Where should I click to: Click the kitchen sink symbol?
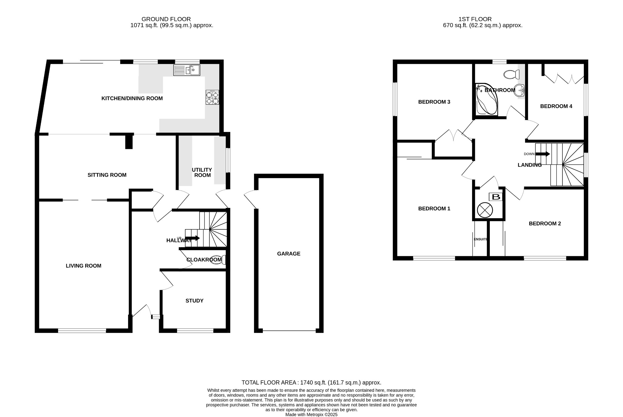tap(186, 70)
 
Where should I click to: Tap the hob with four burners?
tap(212, 98)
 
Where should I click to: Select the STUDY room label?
tap(194, 301)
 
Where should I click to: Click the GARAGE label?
tap(288, 253)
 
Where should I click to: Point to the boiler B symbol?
tap(496, 197)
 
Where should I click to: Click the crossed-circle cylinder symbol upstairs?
tap(485, 210)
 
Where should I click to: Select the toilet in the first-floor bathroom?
tap(512, 74)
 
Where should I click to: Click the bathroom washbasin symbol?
tap(520, 90)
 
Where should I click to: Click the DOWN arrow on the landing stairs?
tap(542, 154)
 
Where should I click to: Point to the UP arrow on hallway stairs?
tap(192, 238)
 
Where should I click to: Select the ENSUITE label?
tap(481, 239)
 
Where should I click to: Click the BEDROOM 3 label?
tap(434, 102)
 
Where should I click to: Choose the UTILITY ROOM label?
tap(202, 172)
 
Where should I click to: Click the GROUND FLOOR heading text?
tap(166, 19)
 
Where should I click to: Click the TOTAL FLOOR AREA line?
tap(311, 383)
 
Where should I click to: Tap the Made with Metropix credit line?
tap(311, 414)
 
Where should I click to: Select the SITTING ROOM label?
tap(107, 175)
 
